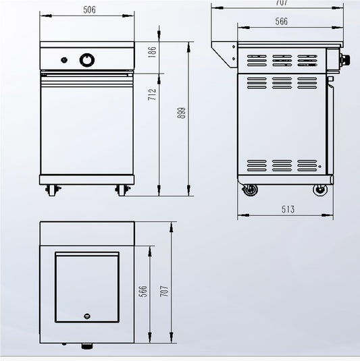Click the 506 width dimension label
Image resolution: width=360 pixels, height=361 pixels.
pos(88,9)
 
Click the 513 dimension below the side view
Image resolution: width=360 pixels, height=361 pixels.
pos(288,209)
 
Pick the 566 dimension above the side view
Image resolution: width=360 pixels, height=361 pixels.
pos(281,22)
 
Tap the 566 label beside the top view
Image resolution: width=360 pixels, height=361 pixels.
pos(143,291)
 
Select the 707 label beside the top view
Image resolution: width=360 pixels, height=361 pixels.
pos(163,291)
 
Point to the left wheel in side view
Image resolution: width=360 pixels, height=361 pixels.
pos(251,190)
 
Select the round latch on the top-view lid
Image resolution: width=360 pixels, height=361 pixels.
pos(86,315)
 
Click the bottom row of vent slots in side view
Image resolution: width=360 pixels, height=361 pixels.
pos(282,165)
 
